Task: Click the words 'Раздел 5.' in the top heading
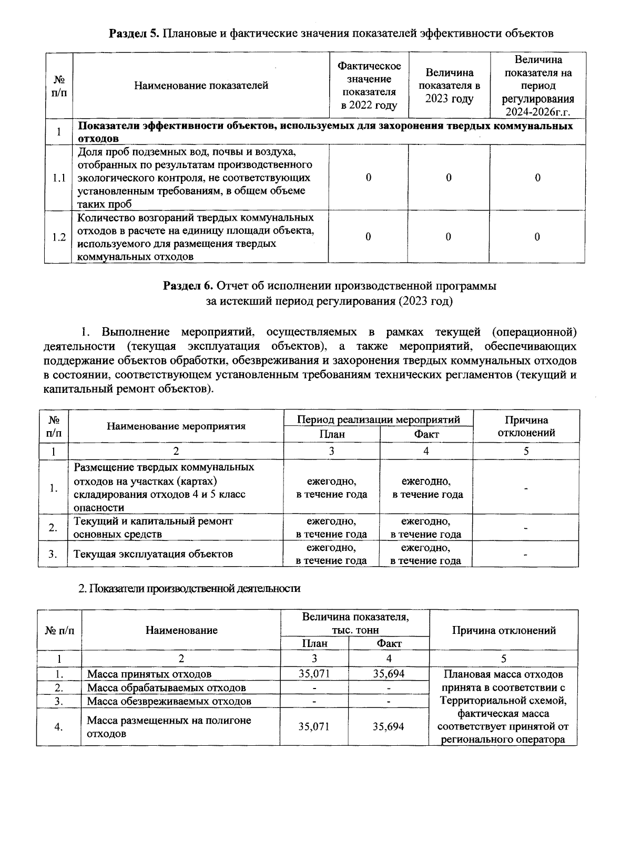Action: pos(134,34)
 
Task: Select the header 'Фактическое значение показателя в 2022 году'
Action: pos(369,86)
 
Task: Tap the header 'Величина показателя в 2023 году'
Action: pos(449,86)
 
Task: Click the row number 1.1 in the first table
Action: pos(58,178)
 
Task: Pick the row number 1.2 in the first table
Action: pos(58,237)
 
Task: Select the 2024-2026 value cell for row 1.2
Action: pos(537,237)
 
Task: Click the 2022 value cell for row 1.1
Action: pos(368,178)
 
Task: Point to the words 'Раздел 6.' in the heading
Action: pos(188,286)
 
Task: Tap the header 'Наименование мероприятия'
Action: pos(176,426)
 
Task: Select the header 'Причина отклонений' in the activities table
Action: pos(526,426)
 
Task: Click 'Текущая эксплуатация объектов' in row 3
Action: pos(152,554)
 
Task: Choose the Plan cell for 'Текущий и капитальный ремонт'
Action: pos(331,527)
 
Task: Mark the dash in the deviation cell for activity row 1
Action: pos(526,488)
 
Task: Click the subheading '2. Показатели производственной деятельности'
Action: pos(189,589)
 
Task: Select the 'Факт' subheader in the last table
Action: pos(389,643)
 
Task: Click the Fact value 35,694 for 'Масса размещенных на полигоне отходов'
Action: pos(389,727)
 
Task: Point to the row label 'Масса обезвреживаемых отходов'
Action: pos(169,701)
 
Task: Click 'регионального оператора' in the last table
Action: pos(503,739)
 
